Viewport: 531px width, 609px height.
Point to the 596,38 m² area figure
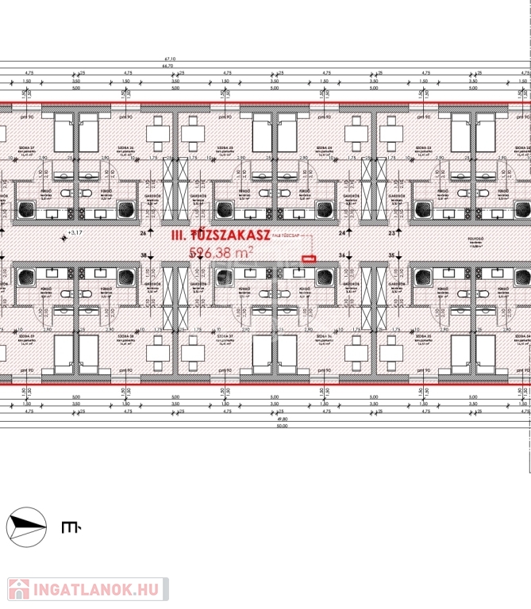221,252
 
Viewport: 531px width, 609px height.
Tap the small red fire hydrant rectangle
309,257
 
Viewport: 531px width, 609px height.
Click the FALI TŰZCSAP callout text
287,236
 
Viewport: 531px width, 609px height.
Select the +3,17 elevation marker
75,233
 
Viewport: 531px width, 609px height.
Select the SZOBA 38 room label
125,335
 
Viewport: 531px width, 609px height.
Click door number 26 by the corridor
143,233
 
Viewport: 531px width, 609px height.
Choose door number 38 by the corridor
143,255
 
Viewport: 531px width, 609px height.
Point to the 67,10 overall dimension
169,59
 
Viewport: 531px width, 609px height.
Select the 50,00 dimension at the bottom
282,427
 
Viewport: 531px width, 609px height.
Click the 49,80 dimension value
282,419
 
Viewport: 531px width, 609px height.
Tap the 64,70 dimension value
169,66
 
